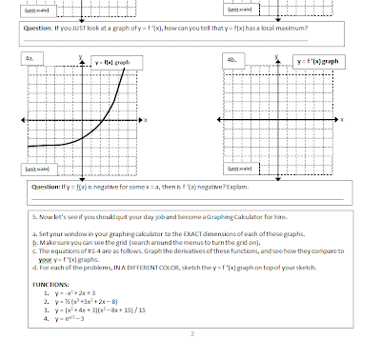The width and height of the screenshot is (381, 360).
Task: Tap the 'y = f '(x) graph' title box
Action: point(317,60)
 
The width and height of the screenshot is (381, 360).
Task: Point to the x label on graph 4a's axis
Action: point(145,119)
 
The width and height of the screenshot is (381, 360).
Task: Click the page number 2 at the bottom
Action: point(190,334)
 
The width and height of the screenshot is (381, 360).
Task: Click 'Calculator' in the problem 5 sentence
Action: point(254,215)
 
